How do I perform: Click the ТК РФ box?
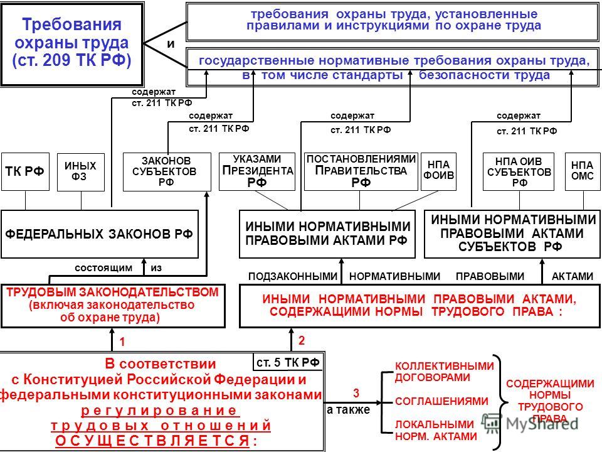pyautogui.click(x=25, y=171)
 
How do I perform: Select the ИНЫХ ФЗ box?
pyautogui.click(x=81, y=171)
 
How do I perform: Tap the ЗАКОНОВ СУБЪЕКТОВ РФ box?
pyautogui.click(x=167, y=171)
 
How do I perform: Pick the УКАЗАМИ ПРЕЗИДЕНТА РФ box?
pyautogui.click(x=257, y=171)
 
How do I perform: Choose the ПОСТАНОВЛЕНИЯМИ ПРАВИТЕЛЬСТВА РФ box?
pyautogui.click(x=361, y=171)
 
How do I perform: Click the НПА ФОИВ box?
pyautogui.click(x=438, y=171)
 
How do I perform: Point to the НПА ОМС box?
pyautogui.click(x=583, y=171)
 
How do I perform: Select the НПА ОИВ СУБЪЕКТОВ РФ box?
pyautogui.click(x=519, y=171)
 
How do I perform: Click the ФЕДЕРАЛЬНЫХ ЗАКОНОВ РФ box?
pyautogui.click(x=100, y=234)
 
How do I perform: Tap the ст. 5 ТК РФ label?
pyautogui.click(x=288, y=362)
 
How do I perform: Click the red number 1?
pyautogui.click(x=122, y=342)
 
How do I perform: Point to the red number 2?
pyautogui.click(x=302, y=340)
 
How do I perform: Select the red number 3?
pyautogui.click(x=356, y=393)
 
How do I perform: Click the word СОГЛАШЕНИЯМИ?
pyautogui.click(x=441, y=401)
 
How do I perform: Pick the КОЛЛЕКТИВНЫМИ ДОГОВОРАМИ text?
pyautogui.click(x=444, y=371)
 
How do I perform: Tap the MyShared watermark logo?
pyautogui.click(x=531, y=423)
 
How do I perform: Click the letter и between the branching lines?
pyautogui.click(x=171, y=44)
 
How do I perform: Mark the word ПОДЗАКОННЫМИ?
pyautogui.click(x=293, y=276)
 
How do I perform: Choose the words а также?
pyautogui.click(x=348, y=410)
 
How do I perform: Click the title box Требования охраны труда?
pyautogui.click(x=72, y=44)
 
